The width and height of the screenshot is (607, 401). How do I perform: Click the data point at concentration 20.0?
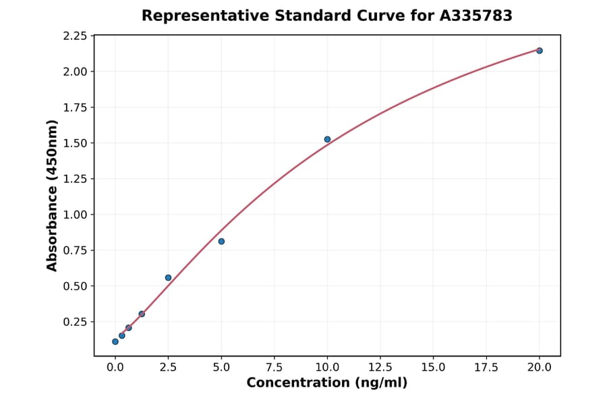(x=540, y=51)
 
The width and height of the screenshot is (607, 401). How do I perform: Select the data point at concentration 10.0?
(x=327, y=140)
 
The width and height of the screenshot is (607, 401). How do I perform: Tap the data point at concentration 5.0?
(x=221, y=242)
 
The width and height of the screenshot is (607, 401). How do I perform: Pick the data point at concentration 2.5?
(x=168, y=277)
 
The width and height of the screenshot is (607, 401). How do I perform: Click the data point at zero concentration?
(x=115, y=342)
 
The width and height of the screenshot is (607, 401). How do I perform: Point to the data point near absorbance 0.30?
(x=142, y=314)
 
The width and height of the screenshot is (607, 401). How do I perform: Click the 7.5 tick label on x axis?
(x=274, y=367)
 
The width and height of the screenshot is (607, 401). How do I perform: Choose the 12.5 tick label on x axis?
(x=380, y=367)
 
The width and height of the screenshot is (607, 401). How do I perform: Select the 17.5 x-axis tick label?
(x=486, y=367)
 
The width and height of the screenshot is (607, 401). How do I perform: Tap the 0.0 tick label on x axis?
(x=115, y=367)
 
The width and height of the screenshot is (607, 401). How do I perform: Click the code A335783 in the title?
(x=477, y=16)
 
